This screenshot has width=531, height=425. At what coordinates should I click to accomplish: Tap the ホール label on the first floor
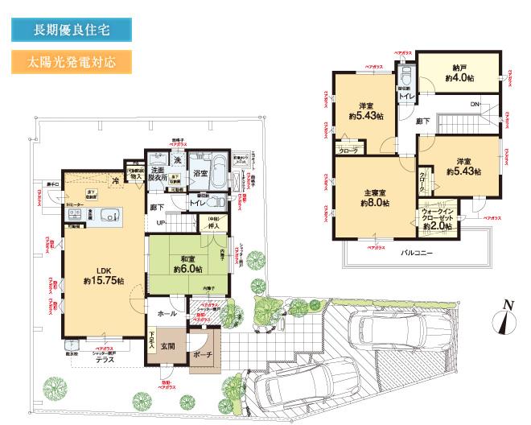pyautogui.click(x=167, y=313)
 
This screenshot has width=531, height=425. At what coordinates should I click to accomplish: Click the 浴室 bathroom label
pyautogui.click(x=200, y=173)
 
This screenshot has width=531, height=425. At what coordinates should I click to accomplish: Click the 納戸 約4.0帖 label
pyautogui.click(x=459, y=75)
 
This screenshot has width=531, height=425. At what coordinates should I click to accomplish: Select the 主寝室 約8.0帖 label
pyautogui.click(x=374, y=198)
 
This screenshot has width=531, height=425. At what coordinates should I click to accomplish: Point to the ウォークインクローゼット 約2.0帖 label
pyautogui.click(x=438, y=220)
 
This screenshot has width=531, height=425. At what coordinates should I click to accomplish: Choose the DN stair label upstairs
pyautogui.click(x=475, y=105)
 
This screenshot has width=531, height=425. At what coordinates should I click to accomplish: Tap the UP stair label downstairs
pyautogui.click(x=161, y=222)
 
